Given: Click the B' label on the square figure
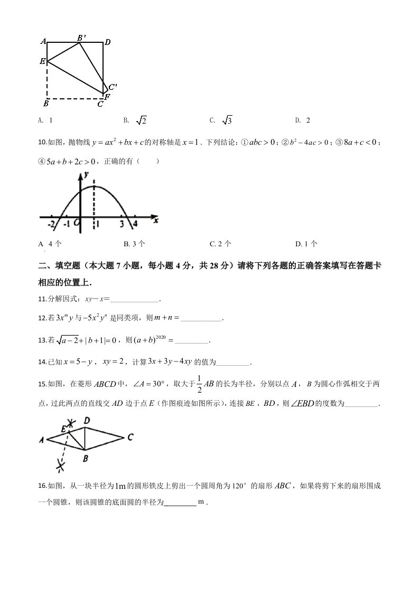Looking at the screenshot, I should (x=81, y=38).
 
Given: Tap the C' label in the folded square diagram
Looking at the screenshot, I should (x=112, y=87).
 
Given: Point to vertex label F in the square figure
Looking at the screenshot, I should (x=107, y=97).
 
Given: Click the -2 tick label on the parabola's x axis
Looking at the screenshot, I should (x=51, y=224).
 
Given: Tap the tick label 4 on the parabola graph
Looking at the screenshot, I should (x=135, y=224).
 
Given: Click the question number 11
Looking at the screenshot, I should (x=43, y=299).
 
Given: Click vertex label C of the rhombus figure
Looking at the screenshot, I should (x=130, y=437).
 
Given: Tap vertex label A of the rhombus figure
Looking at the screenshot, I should (x=41, y=439).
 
